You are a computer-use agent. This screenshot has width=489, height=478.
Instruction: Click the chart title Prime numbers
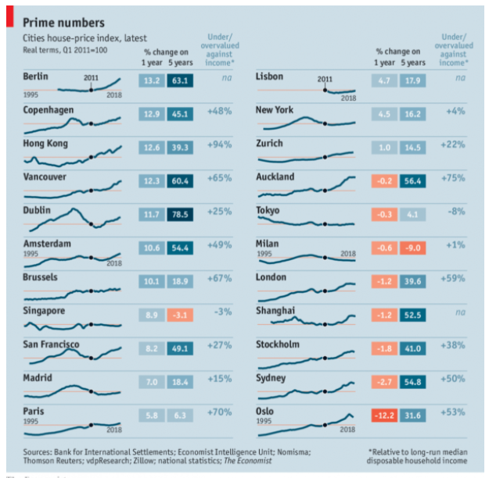[63, 23]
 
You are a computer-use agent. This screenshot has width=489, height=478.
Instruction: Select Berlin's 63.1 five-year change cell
[179, 80]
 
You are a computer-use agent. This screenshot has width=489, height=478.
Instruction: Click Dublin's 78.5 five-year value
[179, 214]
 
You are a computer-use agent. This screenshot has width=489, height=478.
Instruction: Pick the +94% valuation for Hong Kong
[220, 147]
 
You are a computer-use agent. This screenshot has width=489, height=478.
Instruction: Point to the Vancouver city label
[45, 177]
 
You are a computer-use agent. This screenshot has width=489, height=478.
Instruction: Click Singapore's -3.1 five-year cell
[179, 315]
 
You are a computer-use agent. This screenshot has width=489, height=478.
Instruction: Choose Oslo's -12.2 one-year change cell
[384, 416]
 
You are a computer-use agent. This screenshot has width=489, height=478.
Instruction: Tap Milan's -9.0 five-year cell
[412, 248]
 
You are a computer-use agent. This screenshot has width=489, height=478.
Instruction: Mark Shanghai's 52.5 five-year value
[412, 315]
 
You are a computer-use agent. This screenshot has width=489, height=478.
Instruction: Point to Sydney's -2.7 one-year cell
[384, 382]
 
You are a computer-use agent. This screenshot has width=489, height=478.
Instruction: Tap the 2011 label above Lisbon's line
[324, 79]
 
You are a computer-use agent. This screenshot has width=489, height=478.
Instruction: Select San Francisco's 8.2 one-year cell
[151, 348]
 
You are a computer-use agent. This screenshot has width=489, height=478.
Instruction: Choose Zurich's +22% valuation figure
[455, 147]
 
